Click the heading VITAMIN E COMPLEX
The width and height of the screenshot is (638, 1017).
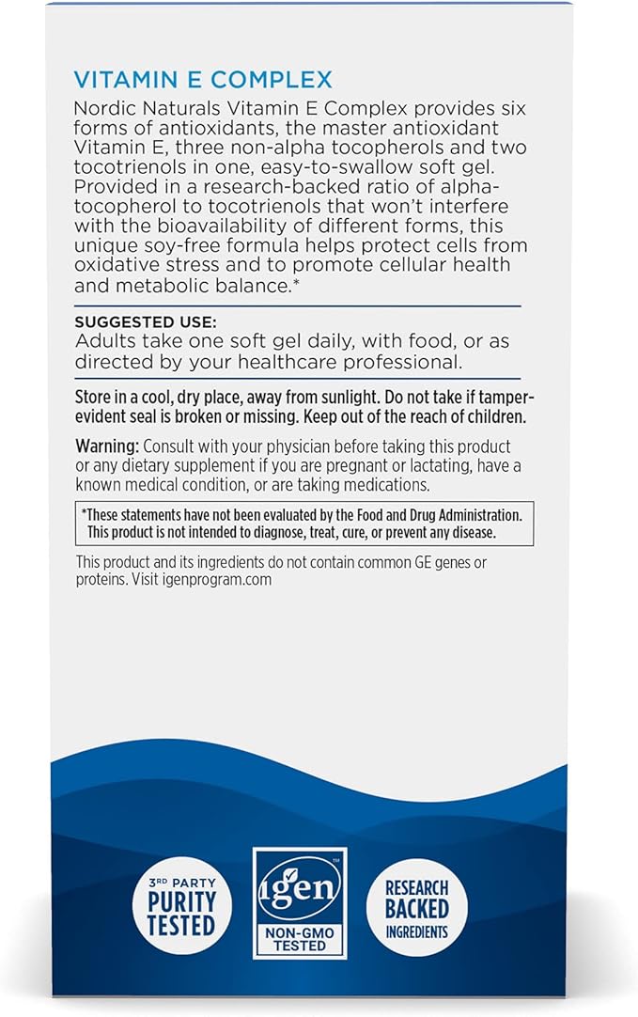coord(203,79)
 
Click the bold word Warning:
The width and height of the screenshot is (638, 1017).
coord(108,447)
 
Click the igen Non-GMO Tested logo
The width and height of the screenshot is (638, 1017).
coord(300,901)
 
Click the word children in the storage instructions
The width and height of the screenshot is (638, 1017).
coord(489,415)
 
